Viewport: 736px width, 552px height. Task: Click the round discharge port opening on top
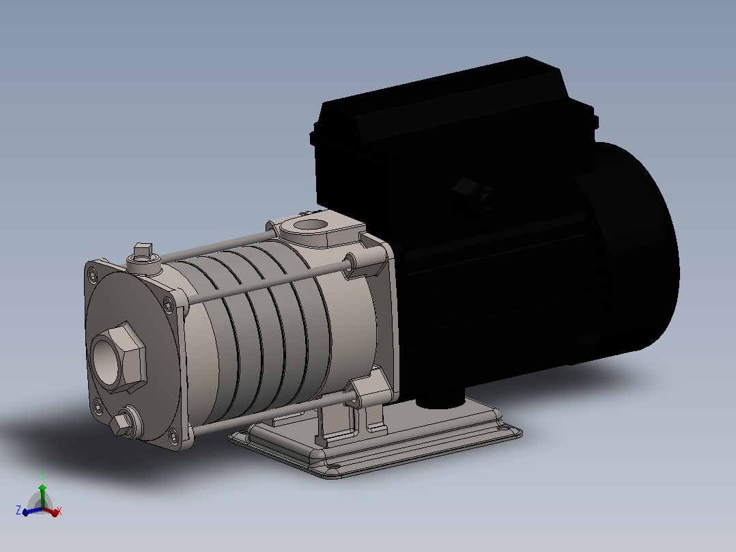tap(309, 225)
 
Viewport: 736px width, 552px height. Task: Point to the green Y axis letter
tap(42, 475)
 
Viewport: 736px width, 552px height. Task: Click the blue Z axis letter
tap(19, 510)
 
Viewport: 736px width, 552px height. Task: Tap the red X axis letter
tap(59, 510)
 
